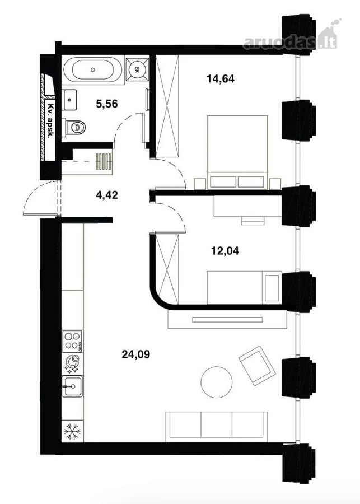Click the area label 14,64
click(221, 78)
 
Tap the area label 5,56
click(107, 104)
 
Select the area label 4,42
click(107, 194)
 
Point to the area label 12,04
click(225, 250)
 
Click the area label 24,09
click(136, 354)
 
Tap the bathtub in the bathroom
click(92, 69)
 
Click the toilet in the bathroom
click(74, 127)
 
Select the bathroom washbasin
click(69, 100)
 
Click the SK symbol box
click(137, 69)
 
